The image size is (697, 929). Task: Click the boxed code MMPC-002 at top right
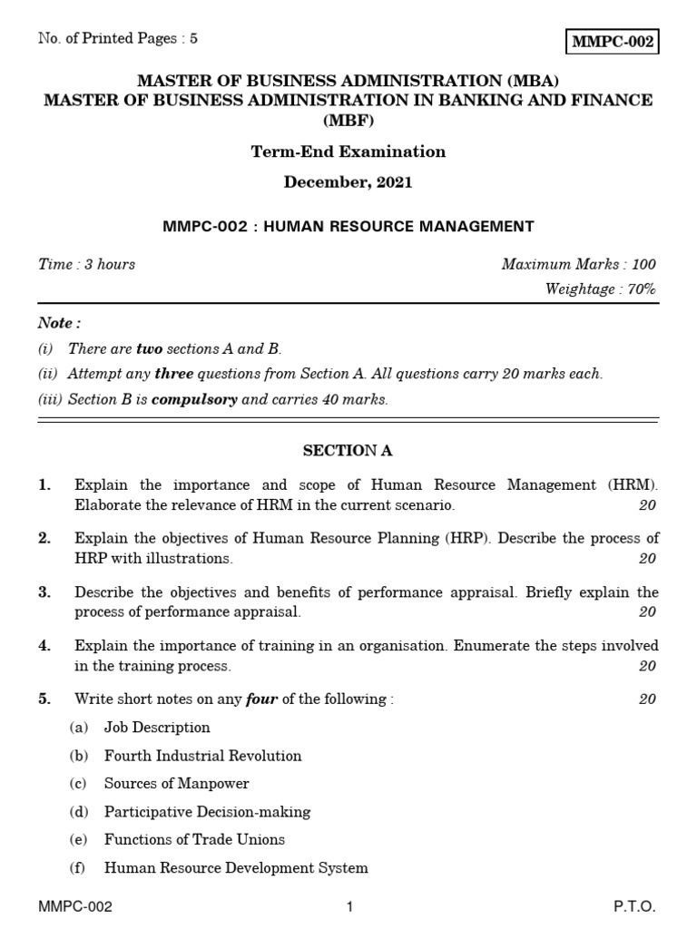click(613, 43)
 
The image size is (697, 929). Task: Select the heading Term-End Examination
click(348, 152)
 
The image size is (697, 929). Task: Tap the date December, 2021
click(348, 182)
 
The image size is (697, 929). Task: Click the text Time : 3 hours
click(86, 264)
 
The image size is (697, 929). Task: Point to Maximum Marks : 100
click(578, 264)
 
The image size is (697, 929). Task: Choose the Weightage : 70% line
click(600, 289)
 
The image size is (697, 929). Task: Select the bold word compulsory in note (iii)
click(192, 399)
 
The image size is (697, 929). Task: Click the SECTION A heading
click(348, 451)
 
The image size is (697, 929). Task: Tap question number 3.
click(44, 592)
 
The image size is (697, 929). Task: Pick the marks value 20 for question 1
click(646, 505)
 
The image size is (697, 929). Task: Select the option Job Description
click(157, 728)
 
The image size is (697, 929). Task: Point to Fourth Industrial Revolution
click(202, 756)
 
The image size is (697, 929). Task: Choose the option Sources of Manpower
click(176, 784)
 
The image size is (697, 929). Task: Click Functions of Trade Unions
click(194, 840)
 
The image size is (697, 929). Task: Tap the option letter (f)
click(77, 868)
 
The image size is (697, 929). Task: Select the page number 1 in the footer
click(348, 907)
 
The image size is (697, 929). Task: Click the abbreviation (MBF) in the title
click(348, 121)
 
